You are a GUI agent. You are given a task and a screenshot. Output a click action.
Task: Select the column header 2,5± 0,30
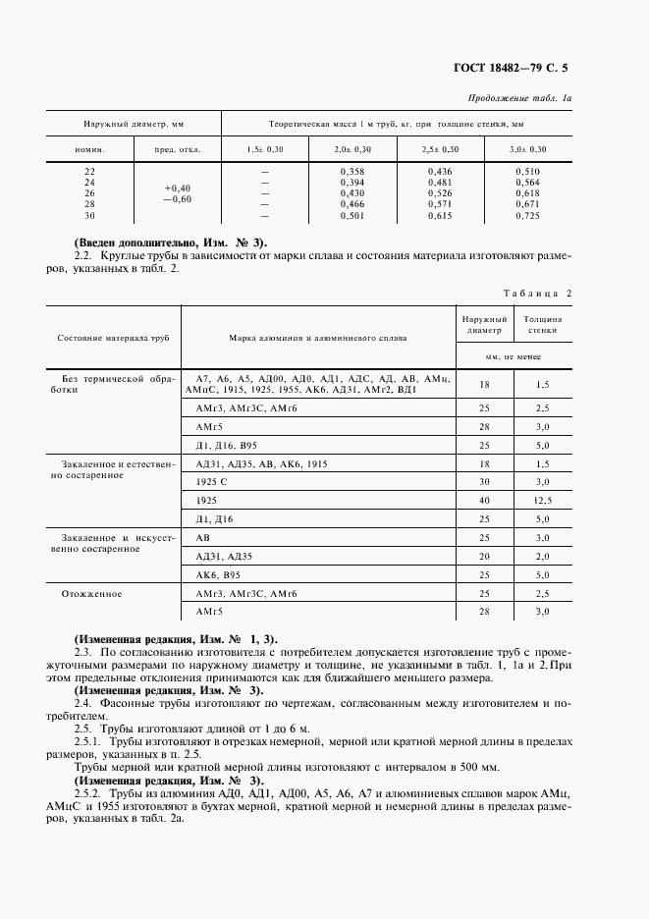[440, 149]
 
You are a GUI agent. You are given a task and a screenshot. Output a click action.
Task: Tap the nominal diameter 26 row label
[90, 192]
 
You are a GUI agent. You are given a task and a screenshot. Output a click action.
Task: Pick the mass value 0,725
[527, 215]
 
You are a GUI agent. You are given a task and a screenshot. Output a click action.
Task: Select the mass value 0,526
[440, 193]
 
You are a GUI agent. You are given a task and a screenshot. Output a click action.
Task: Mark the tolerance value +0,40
[178, 188]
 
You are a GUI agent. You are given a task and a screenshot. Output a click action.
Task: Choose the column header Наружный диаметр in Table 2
[482, 325]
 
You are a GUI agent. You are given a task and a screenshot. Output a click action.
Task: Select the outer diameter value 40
[482, 501]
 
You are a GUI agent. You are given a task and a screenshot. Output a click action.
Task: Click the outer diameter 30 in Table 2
[482, 482]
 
